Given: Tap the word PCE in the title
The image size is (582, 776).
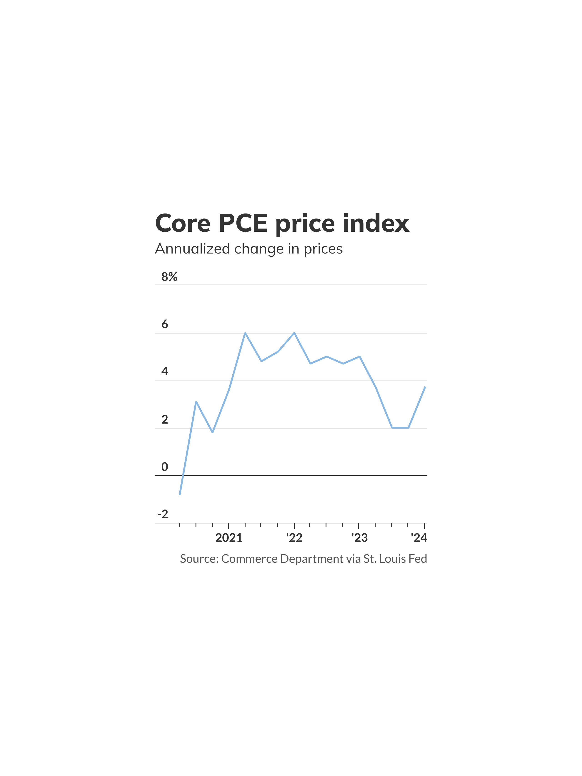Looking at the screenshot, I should pos(243,224).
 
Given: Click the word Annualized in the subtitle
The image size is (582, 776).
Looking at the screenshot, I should pos(192,249).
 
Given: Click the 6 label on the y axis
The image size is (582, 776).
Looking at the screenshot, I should pos(165,324).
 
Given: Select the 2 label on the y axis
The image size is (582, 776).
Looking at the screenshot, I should pos(165,419).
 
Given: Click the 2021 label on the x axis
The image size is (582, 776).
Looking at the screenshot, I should pos(229,538).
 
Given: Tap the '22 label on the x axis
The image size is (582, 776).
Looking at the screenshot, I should pos(294,538).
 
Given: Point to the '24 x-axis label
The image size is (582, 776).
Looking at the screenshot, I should pos(419,538).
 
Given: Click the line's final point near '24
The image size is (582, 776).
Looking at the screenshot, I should pos(425,387).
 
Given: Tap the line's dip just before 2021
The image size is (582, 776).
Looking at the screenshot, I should pos(213,432).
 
